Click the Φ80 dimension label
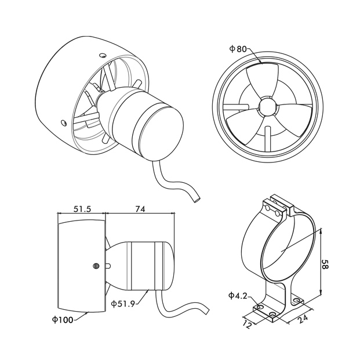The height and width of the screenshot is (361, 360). click(238, 49)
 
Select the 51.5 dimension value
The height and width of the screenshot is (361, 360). click(81, 210)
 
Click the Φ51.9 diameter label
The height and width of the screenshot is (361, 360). click(122, 304)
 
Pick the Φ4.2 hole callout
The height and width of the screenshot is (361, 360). click(238, 295)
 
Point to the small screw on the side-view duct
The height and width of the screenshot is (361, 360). click(96, 266)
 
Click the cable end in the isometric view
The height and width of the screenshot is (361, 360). click(197, 199)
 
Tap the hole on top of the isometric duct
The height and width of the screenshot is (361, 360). click(103, 55)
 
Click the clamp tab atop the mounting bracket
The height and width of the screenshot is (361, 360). click(277, 207)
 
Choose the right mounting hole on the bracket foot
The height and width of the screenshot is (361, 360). click(299, 301)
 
